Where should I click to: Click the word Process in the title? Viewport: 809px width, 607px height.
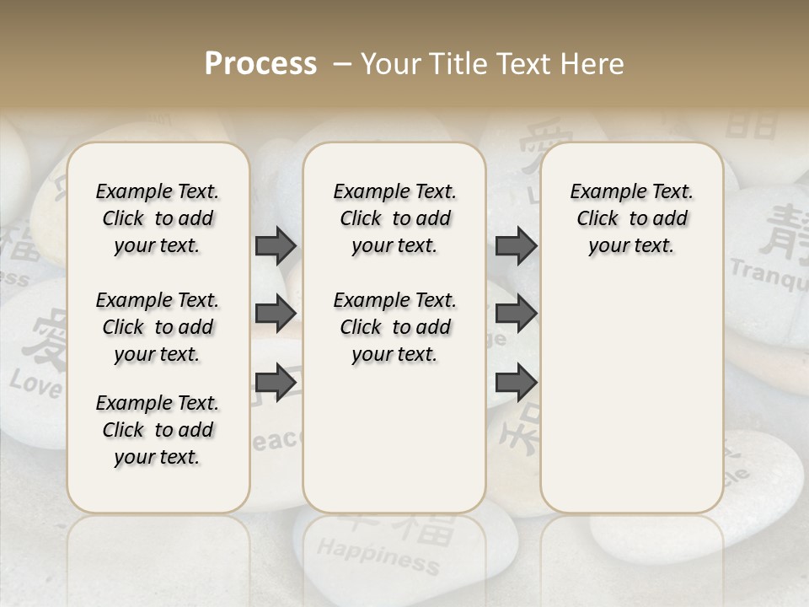260,64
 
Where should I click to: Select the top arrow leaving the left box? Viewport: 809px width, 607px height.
276,245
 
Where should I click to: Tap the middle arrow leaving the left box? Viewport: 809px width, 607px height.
276,314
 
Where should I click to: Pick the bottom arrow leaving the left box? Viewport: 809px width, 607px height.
276,382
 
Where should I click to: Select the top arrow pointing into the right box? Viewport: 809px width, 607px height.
516,245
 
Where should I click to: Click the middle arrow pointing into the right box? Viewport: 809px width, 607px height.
516,314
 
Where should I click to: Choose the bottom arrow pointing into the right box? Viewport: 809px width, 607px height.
516,382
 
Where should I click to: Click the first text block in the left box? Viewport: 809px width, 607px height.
158,218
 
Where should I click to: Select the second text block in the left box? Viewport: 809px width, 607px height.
158,327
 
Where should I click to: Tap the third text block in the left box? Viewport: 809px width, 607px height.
158,430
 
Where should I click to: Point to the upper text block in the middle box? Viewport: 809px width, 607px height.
394,218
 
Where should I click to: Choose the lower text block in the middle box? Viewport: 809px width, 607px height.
394,327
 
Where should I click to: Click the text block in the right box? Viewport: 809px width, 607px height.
631,218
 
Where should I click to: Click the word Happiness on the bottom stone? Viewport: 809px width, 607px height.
377,556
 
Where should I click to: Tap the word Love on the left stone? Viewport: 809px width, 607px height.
35,384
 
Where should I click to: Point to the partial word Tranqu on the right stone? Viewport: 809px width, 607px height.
769,275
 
